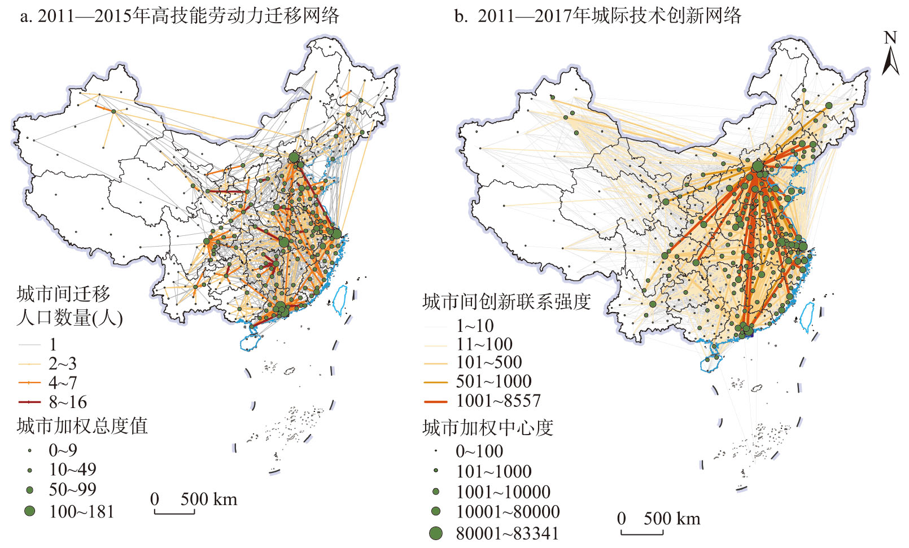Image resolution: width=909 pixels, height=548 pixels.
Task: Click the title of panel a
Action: [180, 15]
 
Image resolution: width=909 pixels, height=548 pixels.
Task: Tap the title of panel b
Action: [597, 15]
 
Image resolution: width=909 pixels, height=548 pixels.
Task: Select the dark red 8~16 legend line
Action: [29, 402]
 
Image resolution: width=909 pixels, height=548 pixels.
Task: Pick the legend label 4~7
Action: [63, 383]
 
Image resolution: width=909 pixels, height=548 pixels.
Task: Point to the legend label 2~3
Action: [63, 363]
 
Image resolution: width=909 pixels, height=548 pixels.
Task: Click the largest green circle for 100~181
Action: [30, 511]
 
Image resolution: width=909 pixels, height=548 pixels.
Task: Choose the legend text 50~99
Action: [72, 489]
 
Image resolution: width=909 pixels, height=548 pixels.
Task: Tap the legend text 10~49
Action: [72, 470]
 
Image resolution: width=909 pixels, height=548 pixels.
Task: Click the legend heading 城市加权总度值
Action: [82, 426]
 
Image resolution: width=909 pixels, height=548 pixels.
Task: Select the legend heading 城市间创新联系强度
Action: [506, 302]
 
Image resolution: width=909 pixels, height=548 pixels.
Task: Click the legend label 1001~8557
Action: [499, 401]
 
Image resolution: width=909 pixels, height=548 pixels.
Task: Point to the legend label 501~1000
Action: [494, 382]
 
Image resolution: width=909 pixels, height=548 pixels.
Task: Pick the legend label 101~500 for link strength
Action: [489, 362]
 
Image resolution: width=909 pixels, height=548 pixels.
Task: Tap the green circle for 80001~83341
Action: [436, 533]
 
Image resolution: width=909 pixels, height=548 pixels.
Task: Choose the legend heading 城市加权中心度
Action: [488, 428]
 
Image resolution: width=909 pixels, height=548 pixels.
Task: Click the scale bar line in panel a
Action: [174, 513]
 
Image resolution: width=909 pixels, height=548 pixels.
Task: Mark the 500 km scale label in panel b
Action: [672, 519]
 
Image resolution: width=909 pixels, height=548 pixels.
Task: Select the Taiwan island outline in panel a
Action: [340, 300]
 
